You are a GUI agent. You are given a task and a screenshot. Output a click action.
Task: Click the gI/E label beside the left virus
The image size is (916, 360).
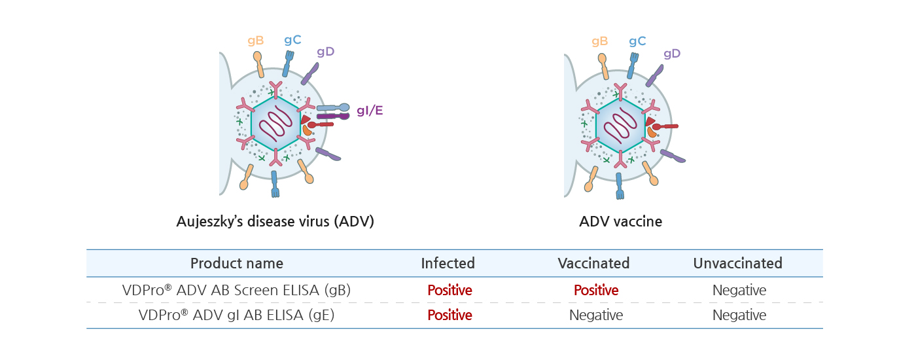coord(370,111)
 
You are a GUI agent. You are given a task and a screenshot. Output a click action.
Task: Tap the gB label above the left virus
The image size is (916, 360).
coord(256,41)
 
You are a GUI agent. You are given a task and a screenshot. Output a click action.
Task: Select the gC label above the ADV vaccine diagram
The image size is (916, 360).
coord(637,41)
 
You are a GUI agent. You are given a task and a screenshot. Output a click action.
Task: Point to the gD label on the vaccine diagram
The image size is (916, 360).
coord(672,54)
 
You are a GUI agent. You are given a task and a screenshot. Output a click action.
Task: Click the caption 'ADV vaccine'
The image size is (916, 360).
coord(620,221)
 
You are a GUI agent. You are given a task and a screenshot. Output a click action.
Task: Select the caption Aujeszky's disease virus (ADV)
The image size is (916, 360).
coord(275,221)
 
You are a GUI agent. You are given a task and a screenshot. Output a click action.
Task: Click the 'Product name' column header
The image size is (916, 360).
coord(237,263)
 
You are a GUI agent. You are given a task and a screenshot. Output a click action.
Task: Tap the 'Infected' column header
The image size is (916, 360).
coord(448,263)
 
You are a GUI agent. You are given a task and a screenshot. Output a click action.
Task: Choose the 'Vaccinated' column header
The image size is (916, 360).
coord(593,263)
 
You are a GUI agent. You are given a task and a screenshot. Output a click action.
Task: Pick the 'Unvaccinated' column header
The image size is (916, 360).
coord(738,263)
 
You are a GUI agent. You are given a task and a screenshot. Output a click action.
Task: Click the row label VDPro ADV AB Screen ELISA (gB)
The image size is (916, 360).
coord(236,290)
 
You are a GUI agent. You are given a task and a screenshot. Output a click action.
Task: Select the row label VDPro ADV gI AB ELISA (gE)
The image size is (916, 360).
coord(236,315)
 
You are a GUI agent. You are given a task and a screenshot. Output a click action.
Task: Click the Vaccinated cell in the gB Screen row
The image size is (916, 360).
coord(596,290)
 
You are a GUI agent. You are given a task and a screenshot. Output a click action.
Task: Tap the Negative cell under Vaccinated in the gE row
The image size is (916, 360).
coord(596,315)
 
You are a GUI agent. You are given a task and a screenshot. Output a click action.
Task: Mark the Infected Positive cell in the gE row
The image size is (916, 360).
coord(449,315)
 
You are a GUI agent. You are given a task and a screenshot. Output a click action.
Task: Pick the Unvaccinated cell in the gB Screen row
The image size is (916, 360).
coord(739,290)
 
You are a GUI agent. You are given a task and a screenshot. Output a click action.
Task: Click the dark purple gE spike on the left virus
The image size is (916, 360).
coord(333,117)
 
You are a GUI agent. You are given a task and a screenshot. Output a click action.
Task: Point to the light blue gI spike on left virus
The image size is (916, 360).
coord(333,107)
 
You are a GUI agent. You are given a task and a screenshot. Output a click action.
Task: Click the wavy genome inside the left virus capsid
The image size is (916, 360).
coord(276,123)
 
